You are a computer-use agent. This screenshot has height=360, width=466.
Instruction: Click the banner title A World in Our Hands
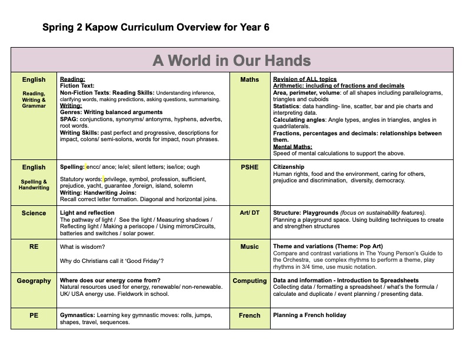tap(232, 60)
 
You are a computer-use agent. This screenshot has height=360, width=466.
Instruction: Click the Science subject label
tap(34, 213)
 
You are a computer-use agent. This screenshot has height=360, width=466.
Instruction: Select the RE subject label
tap(34, 247)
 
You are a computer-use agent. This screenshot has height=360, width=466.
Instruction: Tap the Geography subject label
tap(34, 281)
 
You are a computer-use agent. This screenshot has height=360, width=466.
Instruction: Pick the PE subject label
tap(34, 315)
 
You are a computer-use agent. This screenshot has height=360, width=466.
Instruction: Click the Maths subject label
tap(249, 79)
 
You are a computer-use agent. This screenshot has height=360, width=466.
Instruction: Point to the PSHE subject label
tap(249, 167)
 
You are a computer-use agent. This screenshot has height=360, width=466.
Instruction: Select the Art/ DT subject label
tap(249, 213)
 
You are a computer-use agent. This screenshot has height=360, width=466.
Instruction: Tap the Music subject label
tap(249, 247)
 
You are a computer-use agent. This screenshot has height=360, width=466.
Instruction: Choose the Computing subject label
tap(249, 281)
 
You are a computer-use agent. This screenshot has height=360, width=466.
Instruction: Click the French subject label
tap(249, 315)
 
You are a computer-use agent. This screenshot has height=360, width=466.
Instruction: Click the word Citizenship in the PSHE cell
tap(289, 167)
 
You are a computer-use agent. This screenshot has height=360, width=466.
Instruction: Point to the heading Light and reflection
tap(88, 213)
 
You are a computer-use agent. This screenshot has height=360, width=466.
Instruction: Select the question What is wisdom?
tap(86, 247)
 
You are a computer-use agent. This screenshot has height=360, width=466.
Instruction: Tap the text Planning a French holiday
tap(309, 315)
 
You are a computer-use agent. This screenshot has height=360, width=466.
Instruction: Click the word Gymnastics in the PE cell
tap(77, 315)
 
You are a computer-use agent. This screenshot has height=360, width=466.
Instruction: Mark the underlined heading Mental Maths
tap(292, 147)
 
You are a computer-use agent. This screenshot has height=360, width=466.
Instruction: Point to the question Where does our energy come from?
tap(110, 281)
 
